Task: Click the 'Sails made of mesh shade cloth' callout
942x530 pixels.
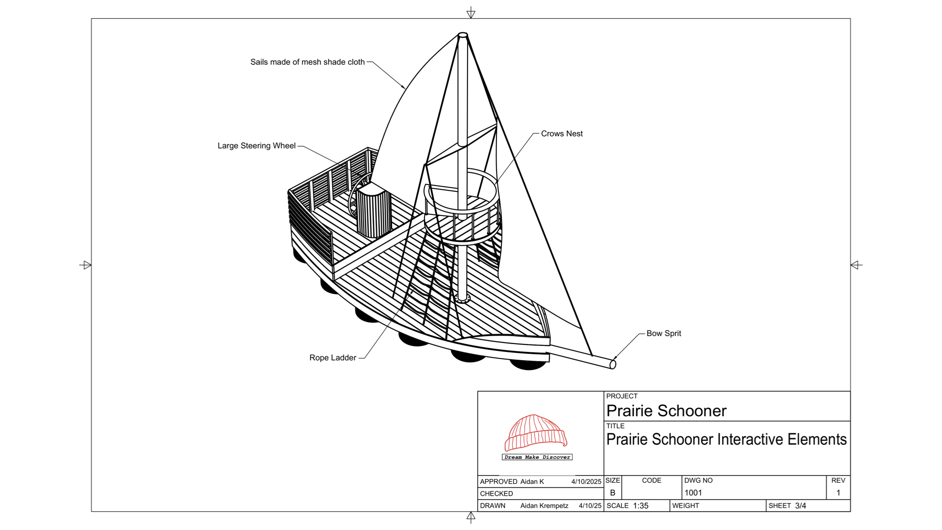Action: pyautogui.click(x=308, y=62)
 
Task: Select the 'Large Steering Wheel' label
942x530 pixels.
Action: pyautogui.click(x=257, y=146)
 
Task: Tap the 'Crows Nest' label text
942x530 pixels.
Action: pyautogui.click(x=562, y=133)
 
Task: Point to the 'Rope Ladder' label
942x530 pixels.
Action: pyautogui.click(x=333, y=358)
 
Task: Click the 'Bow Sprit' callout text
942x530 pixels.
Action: pyautogui.click(x=663, y=333)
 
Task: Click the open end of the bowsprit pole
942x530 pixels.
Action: pyautogui.click(x=613, y=364)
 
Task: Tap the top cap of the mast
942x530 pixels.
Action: pyautogui.click(x=463, y=35)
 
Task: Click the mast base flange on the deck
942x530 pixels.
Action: pyautogui.click(x=462, y=298)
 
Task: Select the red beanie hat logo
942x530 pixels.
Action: pyautogui.click(x=536, y=432)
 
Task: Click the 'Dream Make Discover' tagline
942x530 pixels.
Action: pyautogui.click(x=537, y=457)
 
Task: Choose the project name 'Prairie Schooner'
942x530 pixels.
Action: pyautogui.click(x=666, y=411)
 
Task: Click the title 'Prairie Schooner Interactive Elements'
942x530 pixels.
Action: pyautogui.click(x=726, y=439)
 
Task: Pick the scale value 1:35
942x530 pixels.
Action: pyautogui.click(x=641, y=506)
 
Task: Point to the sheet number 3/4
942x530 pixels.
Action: pyautogui.click(x=801, y=506)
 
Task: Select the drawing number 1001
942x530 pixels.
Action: pyautogui.click(x=693, y=493)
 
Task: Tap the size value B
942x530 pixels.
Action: pyautogui.click(x=613, y=493)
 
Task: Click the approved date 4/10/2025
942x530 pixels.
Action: pyautogui.click(x=586, y=482)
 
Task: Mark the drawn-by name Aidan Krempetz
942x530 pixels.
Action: pyautogui.click(x=544, y=506)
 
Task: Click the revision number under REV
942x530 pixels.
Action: pyautogui.click(x=838, y=493)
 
